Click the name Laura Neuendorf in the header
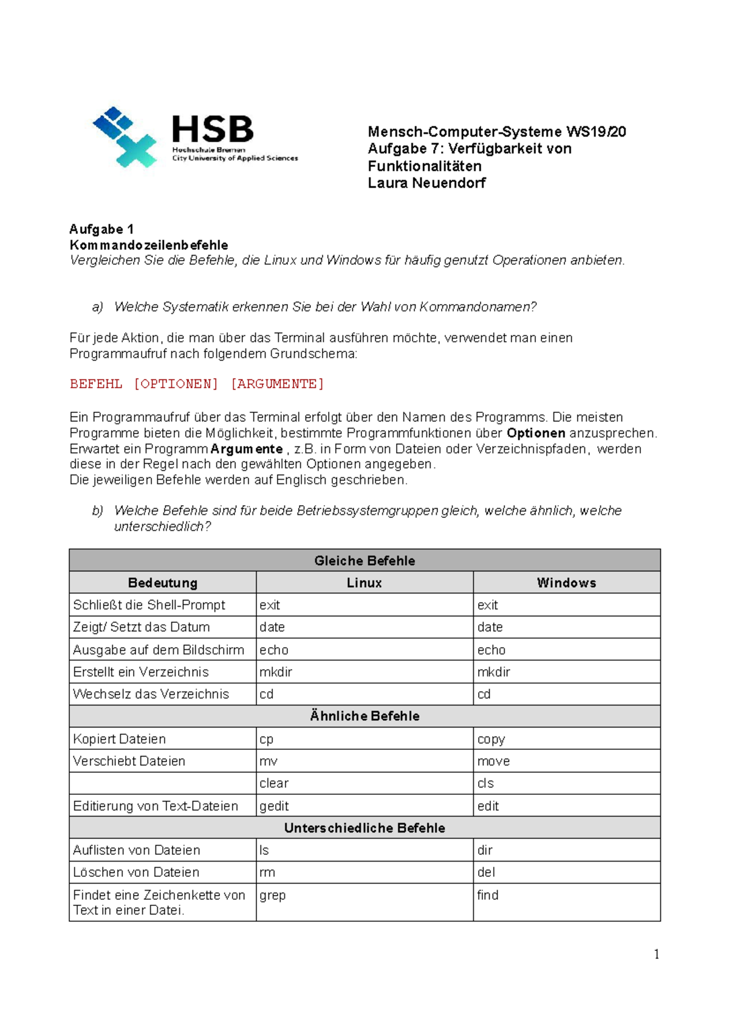click(x=426, y=183)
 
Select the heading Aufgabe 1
click(x=101, y=229)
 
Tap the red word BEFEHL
click(x=96, y=384)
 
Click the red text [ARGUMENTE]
click(x=277, y=384)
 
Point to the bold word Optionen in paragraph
click(x=536, y=433)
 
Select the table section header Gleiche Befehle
click(x=364, y=560)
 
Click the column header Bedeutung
click(x=163, y=583)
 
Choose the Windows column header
click(x=566, y=583)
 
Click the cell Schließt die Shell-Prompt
click(x=149, y=605)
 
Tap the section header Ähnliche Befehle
click(x=364, y=716)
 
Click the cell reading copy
click(x=491, y=739)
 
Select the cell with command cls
click(x=485, y=783)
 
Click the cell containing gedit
click(x=274, y=806)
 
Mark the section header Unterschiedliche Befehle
click(x=364, y=828)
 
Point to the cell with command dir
click(x=485, y=850)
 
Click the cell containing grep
click(x=272, y=895)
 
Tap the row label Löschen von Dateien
click(x=136, y=872)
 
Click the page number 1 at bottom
click(x=656, y=954)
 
